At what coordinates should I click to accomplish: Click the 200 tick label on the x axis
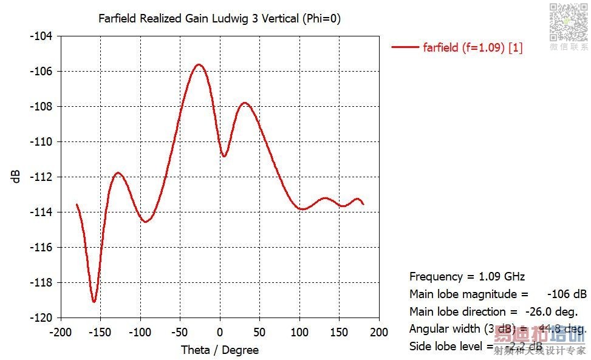379,332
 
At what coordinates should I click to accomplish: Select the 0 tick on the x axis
220,332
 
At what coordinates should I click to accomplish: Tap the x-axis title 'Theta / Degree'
220,350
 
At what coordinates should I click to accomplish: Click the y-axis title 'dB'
16,176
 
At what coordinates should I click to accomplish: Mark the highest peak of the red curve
199,64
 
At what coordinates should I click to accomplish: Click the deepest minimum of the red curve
94,302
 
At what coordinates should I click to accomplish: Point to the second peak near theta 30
245,103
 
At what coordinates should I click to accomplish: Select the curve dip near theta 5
224,156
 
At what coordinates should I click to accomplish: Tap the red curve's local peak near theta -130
118,173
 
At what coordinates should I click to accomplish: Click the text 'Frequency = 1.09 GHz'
467,277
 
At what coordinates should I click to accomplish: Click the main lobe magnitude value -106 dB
567,294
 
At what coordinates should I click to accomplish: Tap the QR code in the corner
569,21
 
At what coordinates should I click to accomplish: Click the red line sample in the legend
405,47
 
